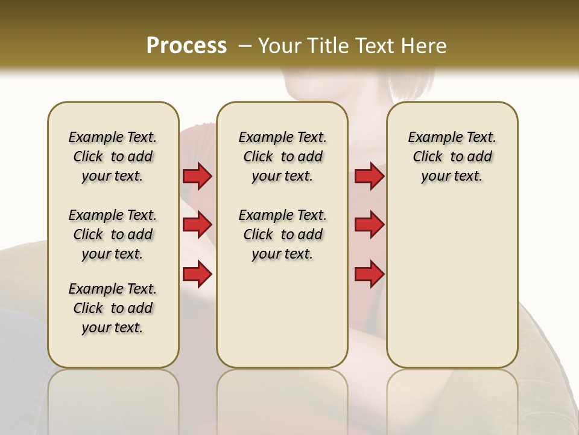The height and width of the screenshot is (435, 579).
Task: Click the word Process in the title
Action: tap(186, 46)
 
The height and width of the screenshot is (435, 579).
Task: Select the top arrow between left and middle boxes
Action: tap(197, 176)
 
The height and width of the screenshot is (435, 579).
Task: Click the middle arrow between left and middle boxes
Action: tap(197, 225)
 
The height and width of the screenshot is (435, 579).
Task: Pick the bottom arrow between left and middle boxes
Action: tap(197, 274)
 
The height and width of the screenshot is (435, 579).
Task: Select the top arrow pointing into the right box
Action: tap(369, 176)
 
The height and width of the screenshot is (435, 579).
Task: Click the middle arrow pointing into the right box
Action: tap(369, 225)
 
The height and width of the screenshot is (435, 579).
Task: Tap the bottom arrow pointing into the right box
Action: tap(369, 274)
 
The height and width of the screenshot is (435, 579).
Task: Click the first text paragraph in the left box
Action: tap(113, 156)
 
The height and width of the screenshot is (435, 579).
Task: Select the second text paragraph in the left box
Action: tap(113, 234)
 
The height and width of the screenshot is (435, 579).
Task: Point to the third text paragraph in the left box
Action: tap(113, 308)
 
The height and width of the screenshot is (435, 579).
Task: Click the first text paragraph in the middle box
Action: tap(282, 156)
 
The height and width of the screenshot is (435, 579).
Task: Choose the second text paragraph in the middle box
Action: tap(282, 234)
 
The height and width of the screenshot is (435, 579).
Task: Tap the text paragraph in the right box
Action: tap(452, 156)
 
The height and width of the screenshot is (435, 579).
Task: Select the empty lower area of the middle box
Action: tap(282, 314)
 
